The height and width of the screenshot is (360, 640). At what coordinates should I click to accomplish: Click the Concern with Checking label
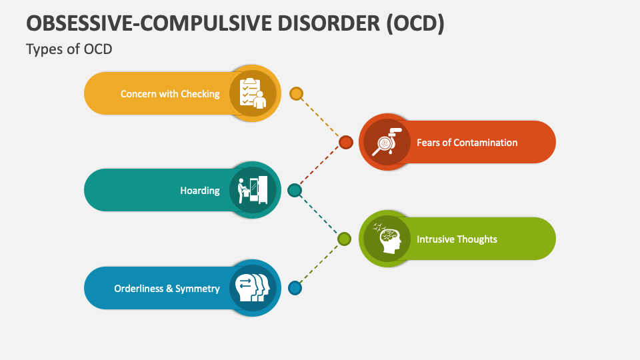click(x=170, y=94)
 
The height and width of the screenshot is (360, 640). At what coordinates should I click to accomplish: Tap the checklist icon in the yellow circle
click(x=253, y=93)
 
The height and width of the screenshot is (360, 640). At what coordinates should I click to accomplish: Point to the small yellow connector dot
click(x=297, y=93)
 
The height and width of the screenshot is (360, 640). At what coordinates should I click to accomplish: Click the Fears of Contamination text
click(x=467, y=142)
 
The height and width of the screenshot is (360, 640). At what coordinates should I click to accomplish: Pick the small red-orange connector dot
click(x=345, y=142)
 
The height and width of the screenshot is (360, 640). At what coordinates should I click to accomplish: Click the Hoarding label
click(x=199, y=191)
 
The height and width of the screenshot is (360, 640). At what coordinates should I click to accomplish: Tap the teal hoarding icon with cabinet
click(x=253, y=190)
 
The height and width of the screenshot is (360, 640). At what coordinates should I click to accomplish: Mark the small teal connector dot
click(x=295, y=191)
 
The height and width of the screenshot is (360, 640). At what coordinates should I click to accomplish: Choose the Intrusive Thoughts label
click(x=457, y=239)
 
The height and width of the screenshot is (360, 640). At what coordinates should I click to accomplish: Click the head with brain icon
click(x=387, y=239)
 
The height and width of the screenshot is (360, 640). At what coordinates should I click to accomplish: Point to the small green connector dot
click(x=344, y=239)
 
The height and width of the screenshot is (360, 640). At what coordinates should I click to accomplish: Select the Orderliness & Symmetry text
click(x=167, y=289)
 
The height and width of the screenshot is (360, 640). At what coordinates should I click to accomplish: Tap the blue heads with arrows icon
click(x=253, y=288)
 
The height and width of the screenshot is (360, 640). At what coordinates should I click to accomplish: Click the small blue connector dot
click(x=295, y=288)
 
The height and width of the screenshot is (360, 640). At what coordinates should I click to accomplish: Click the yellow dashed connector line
click(x=321, y=117)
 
